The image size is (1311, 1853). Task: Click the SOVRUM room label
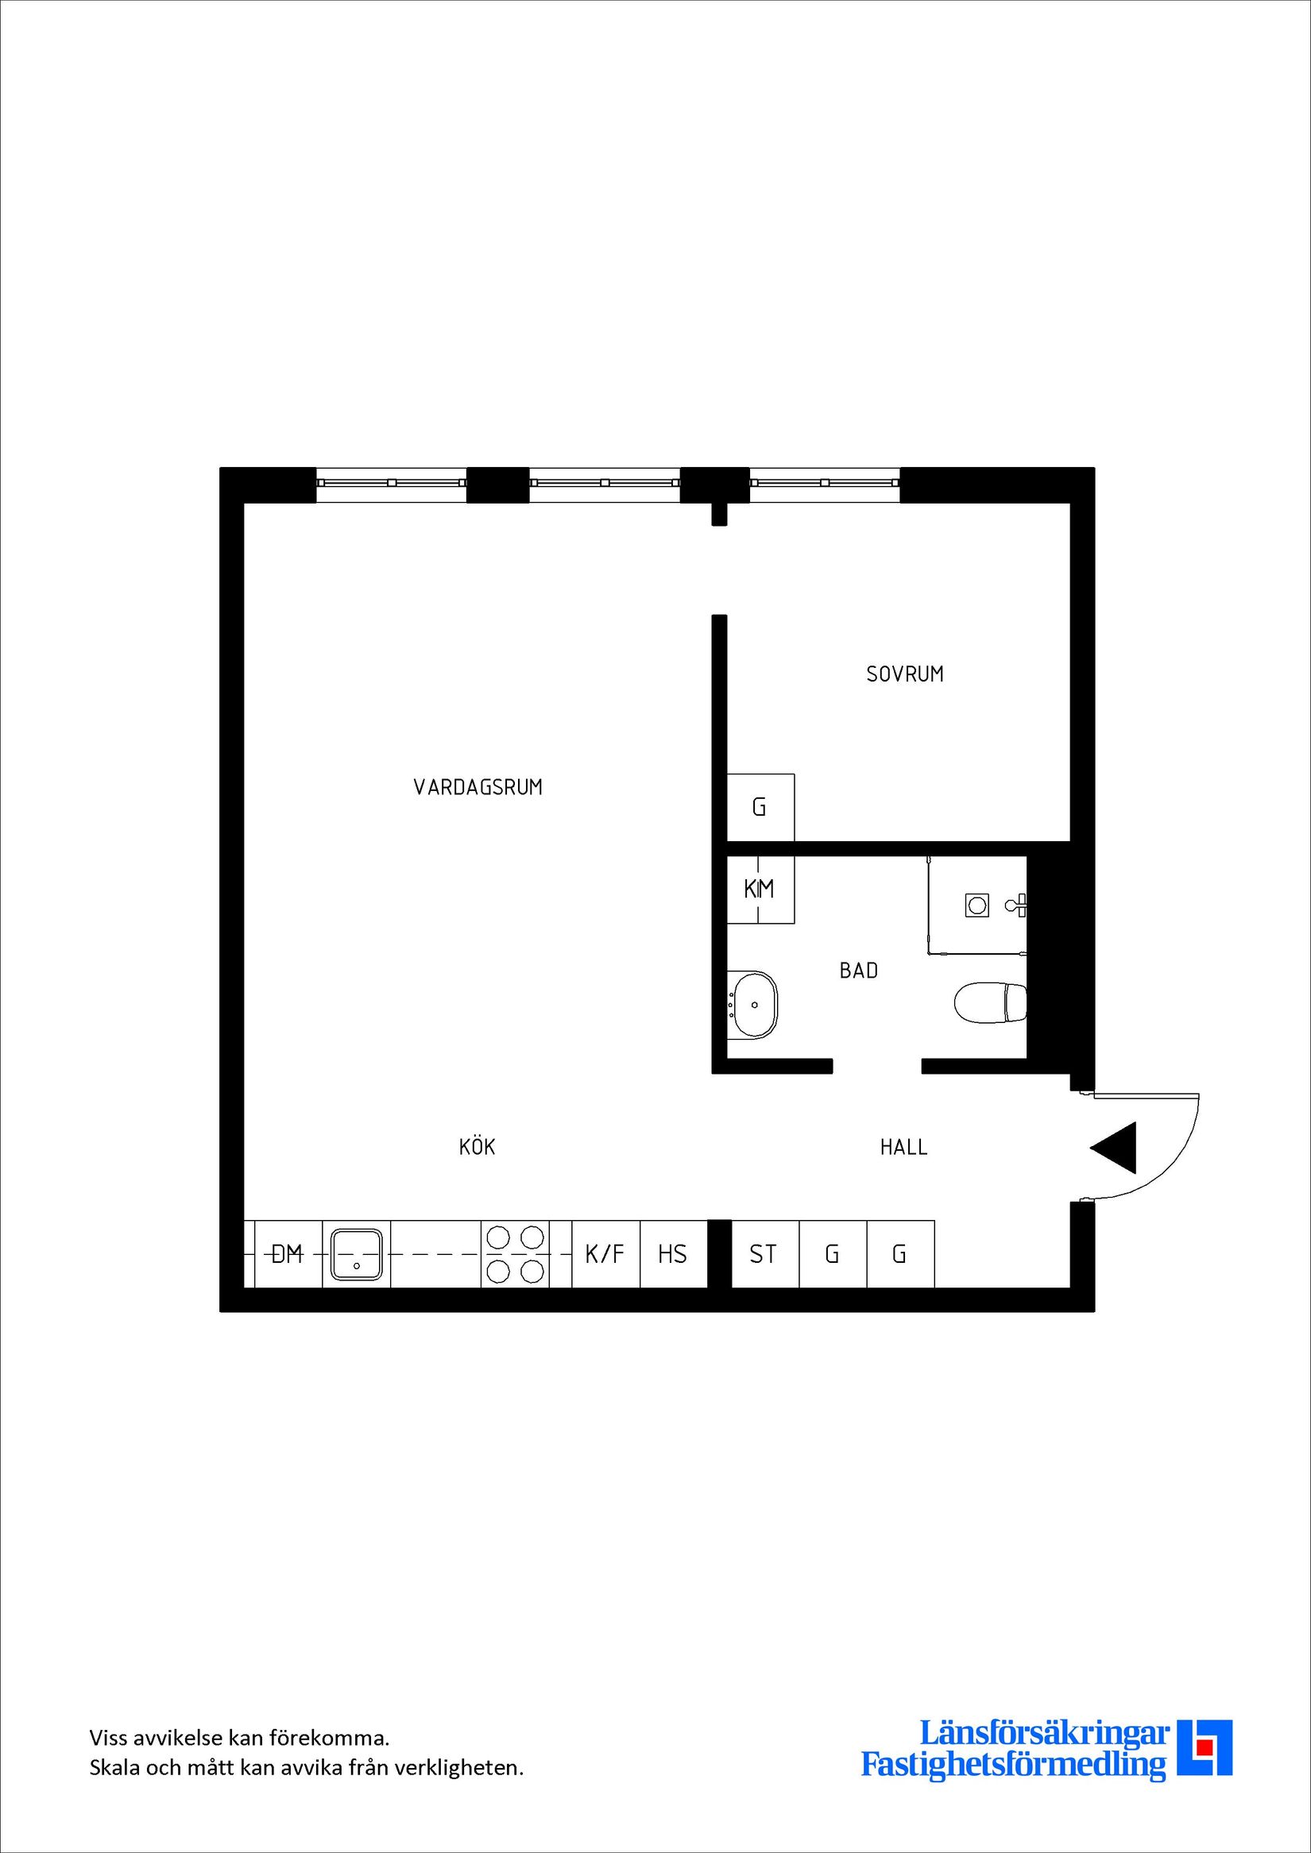click(904, 674)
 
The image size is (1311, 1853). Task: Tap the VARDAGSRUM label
click(478, 787)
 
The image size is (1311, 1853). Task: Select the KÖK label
click(476, 1147)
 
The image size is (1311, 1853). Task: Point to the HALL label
click(903, 1147)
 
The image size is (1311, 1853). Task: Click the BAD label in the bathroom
click(858, 970)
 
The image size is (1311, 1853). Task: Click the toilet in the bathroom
click(989, 1003)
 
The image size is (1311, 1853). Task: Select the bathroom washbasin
click(754, 1005)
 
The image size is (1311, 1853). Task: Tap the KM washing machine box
click(760, 890)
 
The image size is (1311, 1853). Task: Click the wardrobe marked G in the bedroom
click(760, 807)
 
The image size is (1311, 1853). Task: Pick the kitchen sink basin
click(356, 1254)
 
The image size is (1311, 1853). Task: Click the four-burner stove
click(515, 1254)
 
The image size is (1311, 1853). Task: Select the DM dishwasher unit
click(288, 1254)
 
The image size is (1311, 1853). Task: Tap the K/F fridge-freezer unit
click(605, 1254)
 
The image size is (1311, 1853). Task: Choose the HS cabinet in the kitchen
click(672, 1254)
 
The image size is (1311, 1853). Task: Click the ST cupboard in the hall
click(764, 1254)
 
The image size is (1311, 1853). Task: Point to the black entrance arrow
click(1116, 1147)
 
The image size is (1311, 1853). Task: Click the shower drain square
click(977, 905)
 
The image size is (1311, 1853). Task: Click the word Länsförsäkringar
click(1045, 1754)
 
